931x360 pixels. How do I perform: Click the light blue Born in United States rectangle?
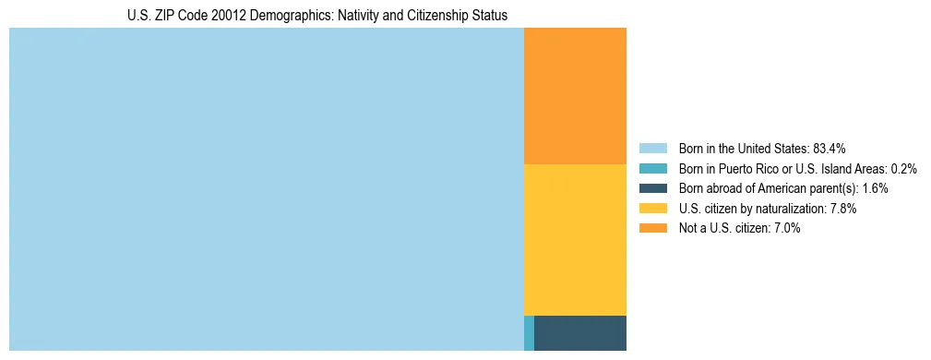click(x=266, y=189)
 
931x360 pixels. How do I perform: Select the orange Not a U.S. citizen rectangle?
click(x=575, y=96)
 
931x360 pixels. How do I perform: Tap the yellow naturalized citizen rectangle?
click(x=575, y=240)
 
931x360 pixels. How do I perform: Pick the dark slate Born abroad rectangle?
click(x=580, y=333)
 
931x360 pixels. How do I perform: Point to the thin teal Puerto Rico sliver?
click(x=529, y=333)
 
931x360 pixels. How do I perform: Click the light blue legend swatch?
click(x=652, y=149)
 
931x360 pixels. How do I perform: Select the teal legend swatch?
click(x=652, y=169)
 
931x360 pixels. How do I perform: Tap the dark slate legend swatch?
click(x=652, y=188)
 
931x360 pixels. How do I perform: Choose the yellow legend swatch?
click(x=652, y=209)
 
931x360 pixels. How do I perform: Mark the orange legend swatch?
click(x=652, y=228)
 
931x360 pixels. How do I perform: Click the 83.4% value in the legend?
click(x=830, y=149)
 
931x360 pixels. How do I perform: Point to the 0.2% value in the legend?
click(x=903, y=169)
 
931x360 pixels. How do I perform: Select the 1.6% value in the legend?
click(x=875, y=188)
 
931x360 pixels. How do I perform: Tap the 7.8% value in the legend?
click(x=843, y=209)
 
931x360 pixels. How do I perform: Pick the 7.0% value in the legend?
click(x=786, y=228)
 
